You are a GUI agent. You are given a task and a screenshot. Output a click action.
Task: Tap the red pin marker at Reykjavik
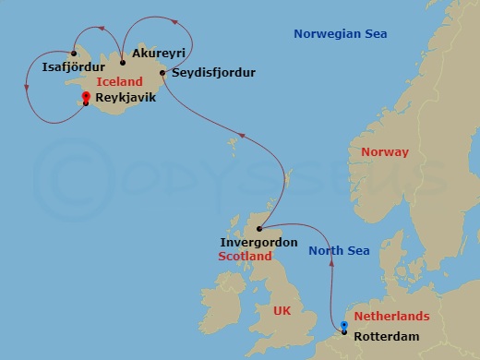(85, 97)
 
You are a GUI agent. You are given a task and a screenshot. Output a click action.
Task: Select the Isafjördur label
(73, 66)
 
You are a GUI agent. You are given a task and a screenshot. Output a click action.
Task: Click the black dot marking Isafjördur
(74, 53)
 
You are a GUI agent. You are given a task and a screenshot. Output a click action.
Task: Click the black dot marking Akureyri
(123, 63)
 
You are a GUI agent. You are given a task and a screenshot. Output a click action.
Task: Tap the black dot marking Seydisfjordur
(162, 72)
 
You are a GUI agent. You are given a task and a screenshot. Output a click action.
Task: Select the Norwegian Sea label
(341, 34)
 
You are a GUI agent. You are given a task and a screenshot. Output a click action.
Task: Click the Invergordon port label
(258, 243)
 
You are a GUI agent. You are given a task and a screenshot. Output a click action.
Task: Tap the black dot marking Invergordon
(259, 228)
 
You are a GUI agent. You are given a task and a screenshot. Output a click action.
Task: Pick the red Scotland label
(245, 257)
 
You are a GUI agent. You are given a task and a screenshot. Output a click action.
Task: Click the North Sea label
(339, 251)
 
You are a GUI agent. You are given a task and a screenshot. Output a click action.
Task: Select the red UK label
(282, 311)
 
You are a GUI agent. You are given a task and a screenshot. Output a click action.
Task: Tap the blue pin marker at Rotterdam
(344, 326)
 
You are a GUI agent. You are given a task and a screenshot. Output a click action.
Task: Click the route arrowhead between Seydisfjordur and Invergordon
(243, 137)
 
